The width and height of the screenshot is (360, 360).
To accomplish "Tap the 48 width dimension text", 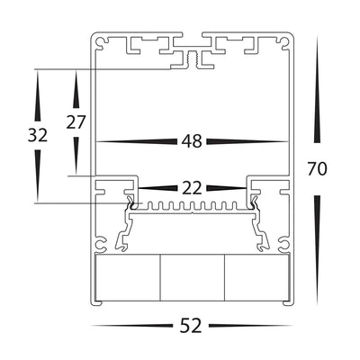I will click(190, 141).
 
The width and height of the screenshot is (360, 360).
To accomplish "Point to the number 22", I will click(190, 188).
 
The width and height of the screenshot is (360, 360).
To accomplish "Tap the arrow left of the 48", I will click(135, 141).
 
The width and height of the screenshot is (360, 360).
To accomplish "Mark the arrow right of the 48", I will click(245, 141).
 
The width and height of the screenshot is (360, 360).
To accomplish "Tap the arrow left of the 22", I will click(154, 188).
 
